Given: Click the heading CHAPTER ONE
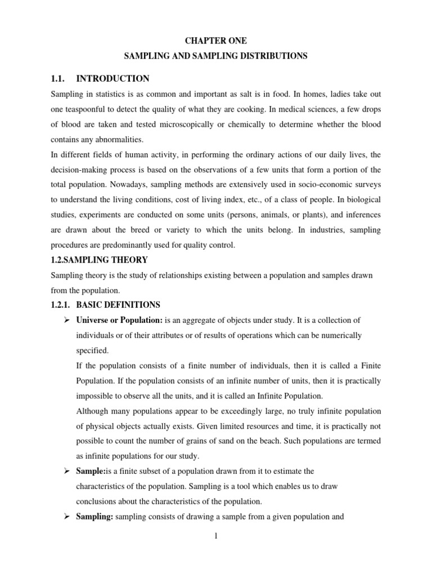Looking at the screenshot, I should (217, 41).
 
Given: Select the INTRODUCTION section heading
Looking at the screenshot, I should (112, 78).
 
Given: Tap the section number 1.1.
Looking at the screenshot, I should (58, 78).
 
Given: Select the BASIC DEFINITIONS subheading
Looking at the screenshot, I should (118, 305).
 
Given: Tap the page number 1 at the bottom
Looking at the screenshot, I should (215, 536).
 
